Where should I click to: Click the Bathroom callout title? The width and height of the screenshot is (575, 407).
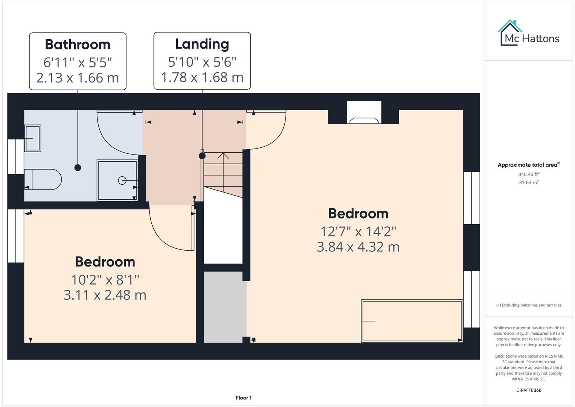78,44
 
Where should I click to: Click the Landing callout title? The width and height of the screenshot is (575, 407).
202,44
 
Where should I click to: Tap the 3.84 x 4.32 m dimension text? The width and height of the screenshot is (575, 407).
358,247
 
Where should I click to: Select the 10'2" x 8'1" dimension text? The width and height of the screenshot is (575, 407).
105,280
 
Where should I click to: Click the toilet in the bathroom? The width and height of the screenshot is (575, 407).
43,179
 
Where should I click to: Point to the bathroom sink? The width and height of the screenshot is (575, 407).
33,138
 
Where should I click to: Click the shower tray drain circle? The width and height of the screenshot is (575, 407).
122,181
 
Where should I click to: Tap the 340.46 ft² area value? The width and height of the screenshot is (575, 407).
528,174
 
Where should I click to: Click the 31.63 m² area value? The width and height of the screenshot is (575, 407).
528,182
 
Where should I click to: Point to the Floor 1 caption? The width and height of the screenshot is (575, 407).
244,398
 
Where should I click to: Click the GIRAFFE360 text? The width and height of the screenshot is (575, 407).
528,390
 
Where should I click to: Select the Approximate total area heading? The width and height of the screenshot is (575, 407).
528,165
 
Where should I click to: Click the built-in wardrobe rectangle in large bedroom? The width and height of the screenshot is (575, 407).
412,321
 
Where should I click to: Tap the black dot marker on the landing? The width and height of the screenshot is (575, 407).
202,156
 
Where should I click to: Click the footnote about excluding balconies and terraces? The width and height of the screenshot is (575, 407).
528,305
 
